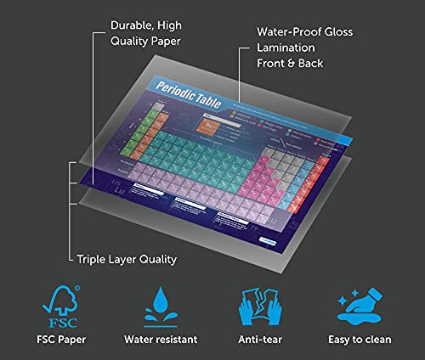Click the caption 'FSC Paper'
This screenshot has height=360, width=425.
pyautogui.click(x=61, y=339)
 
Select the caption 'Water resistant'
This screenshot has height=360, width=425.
pyautogui.click(x=160, y=339)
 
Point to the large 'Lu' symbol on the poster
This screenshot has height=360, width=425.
pyautogui.click(x=122, y=190)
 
